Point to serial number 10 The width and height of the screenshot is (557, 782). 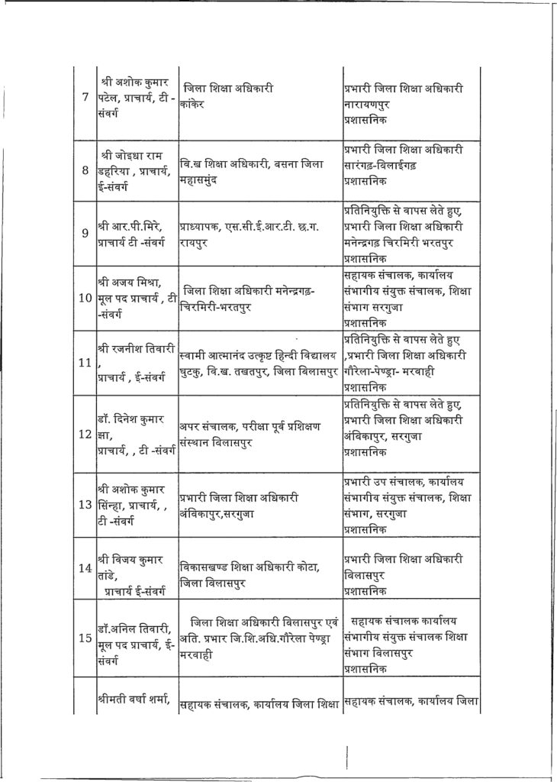coord(85,296)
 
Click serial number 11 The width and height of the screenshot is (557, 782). coord(85,361)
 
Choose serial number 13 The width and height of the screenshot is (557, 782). coord(85,504)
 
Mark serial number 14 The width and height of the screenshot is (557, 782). coord(85,568)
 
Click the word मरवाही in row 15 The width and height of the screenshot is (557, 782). coord(198,654)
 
